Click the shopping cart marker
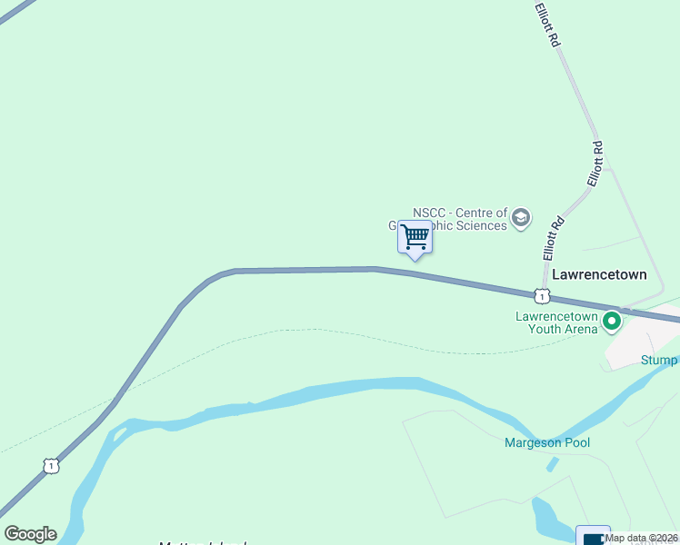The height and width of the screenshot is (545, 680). [x=415, y=237]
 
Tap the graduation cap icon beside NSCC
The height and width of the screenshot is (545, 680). [x=520, y=218]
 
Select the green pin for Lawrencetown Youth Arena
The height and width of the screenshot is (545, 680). [x=612, y=321]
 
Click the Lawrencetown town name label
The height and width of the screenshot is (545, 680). [x=599, y=274]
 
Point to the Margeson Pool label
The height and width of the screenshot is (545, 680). [x=547, y=443]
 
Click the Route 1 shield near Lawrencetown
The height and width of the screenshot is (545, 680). [x=542, y=296]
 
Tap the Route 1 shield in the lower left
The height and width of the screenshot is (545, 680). [x=51, y=465]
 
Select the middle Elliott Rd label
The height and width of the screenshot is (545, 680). [x=595, y=164]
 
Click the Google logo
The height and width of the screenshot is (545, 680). [x=30, y=534]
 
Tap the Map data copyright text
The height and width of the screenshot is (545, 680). [x=641, y=538]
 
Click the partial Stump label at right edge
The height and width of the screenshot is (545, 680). [x=659, y=361]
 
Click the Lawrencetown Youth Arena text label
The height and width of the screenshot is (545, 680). [x=556, y=322]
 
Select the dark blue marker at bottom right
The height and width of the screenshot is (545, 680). [x=593, y=536]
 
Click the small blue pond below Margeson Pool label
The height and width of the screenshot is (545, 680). [x=552, y=464]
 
